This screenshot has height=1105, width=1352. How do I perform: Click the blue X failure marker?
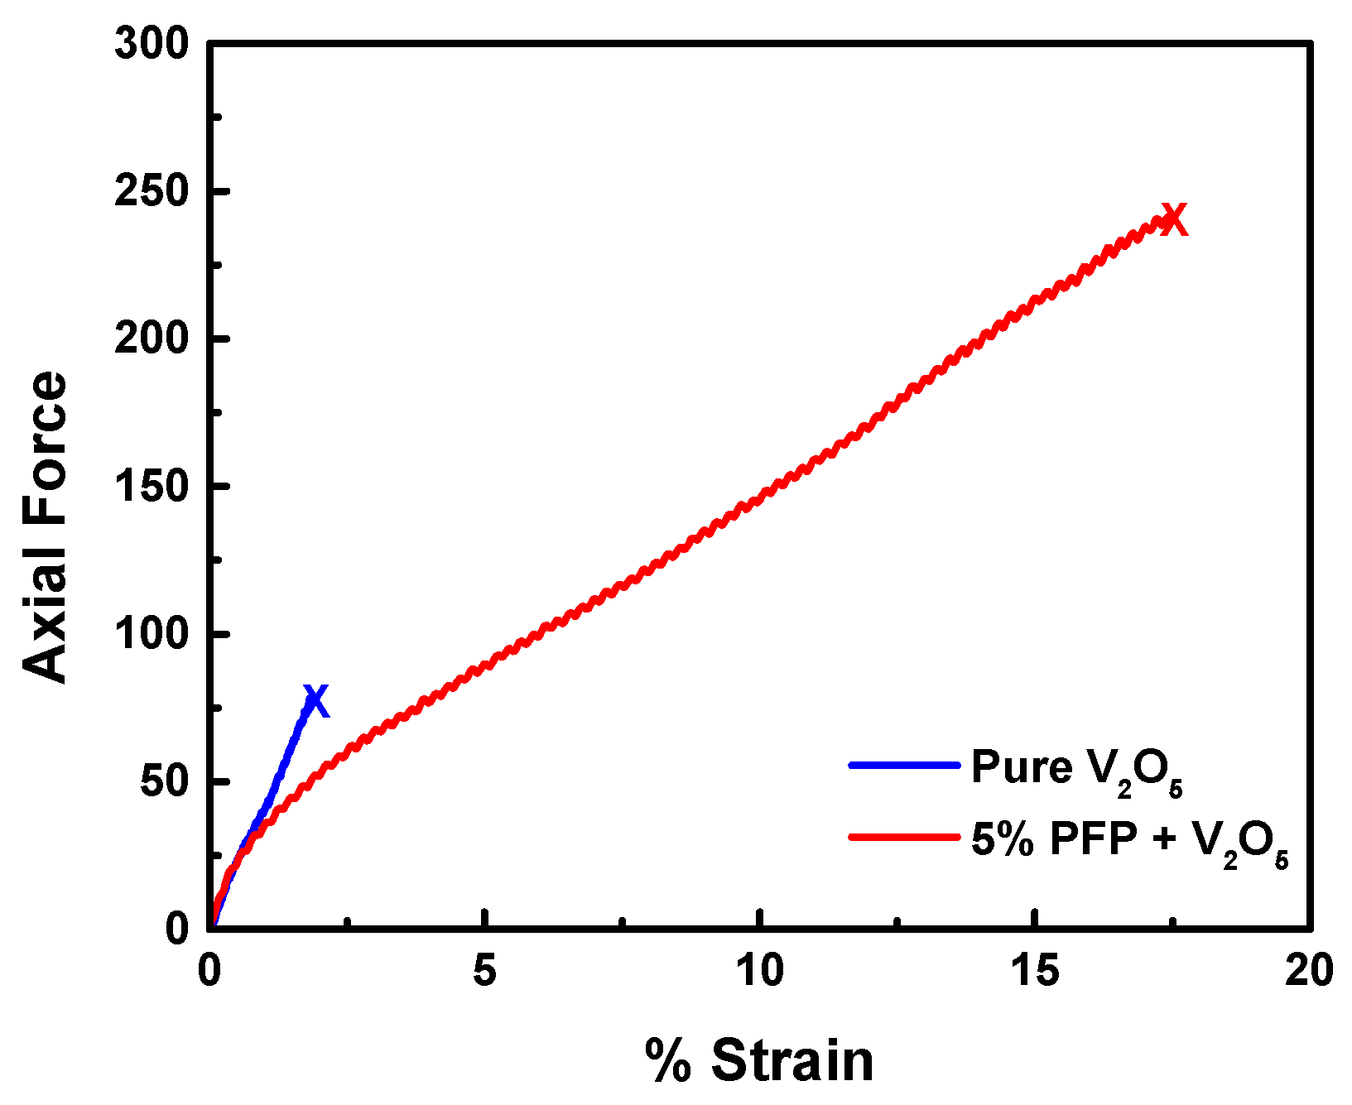pos(315,701)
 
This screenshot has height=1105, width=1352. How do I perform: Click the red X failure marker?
pos(1174,220)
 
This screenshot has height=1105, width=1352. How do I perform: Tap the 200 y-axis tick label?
pos(152,339)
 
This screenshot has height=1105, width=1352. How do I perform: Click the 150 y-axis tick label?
pos(152,487)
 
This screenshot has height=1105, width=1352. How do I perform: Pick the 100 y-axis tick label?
pos(152,634)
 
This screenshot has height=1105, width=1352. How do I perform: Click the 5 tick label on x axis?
pos(485,971)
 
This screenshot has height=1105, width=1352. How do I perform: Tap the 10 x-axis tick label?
pos(760,971)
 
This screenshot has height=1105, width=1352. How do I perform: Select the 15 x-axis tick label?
pos(1035,971)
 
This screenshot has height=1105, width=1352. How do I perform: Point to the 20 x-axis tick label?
pos(1309,971)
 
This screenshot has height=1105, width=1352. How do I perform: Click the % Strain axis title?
pos(759,1061)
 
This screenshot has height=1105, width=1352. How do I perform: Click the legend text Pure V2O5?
pos(1076,770)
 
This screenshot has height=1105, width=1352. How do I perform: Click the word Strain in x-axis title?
pos(792,1061)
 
